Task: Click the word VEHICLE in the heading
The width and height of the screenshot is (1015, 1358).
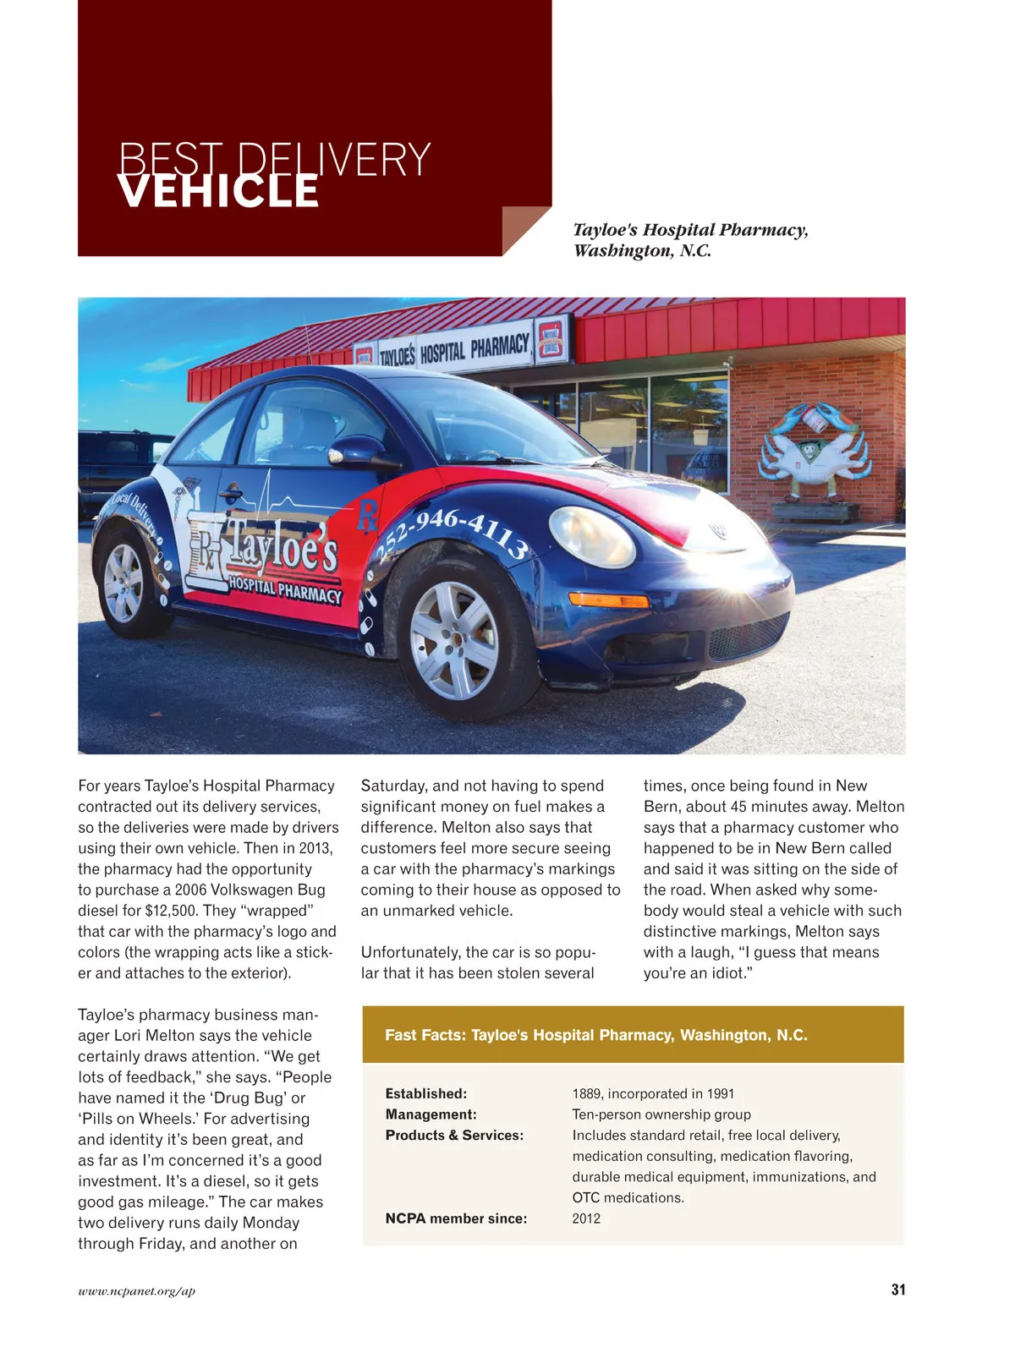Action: point(218,192)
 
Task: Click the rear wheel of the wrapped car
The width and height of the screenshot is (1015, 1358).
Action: point(125,583)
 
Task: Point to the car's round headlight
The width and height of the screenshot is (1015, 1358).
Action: point(591,537)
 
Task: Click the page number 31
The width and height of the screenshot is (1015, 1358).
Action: point(897,1290)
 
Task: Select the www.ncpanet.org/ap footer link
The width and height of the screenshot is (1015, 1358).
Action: point(136,1290)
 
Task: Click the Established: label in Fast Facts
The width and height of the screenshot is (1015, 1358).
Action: point(425,1093)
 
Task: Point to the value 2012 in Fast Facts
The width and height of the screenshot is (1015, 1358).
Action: point(586,1218)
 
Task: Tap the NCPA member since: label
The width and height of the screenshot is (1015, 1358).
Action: point(456,1218)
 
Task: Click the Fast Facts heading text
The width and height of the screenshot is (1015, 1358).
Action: point(595,1035)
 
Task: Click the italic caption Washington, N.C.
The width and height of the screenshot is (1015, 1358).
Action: point(642,250)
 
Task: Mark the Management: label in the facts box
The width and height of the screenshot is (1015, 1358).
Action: point(431,1114)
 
